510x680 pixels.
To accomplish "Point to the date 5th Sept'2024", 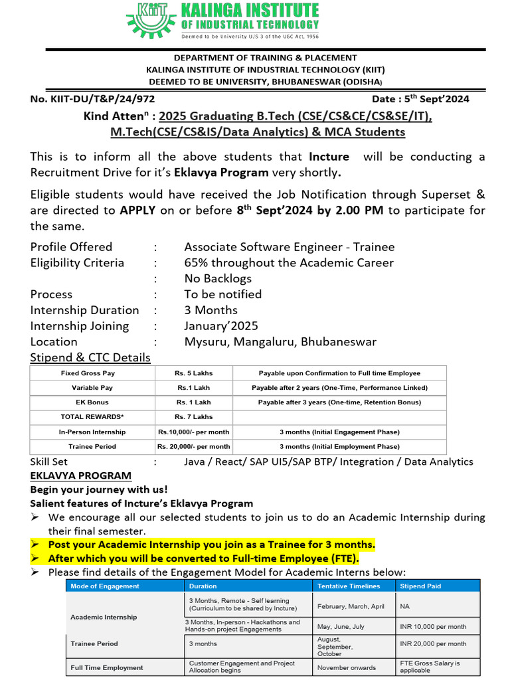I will click(420, 99).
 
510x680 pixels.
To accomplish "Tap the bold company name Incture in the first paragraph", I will click(329, 157).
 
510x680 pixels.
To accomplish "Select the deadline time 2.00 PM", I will click(360, 211).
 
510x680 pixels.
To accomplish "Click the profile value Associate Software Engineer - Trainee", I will click(289, 246).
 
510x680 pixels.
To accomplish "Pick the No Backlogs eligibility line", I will click(218, 278).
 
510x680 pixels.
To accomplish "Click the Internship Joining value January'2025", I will click(221, 326).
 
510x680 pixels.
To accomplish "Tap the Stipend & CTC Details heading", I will click(90, 358).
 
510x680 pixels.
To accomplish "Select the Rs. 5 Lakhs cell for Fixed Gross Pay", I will click(193, 373).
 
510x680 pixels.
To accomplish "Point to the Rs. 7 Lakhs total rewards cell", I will click(193, 417).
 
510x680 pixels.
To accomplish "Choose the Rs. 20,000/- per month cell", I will click(193, 446).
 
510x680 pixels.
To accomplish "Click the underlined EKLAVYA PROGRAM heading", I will click(80, 475).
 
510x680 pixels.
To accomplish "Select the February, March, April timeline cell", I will click(351, 606).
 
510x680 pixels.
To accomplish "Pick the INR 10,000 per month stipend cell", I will click(433, 626).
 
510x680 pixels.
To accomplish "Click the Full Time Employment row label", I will click(106, 667).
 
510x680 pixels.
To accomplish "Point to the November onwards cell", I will click(346, 667).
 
